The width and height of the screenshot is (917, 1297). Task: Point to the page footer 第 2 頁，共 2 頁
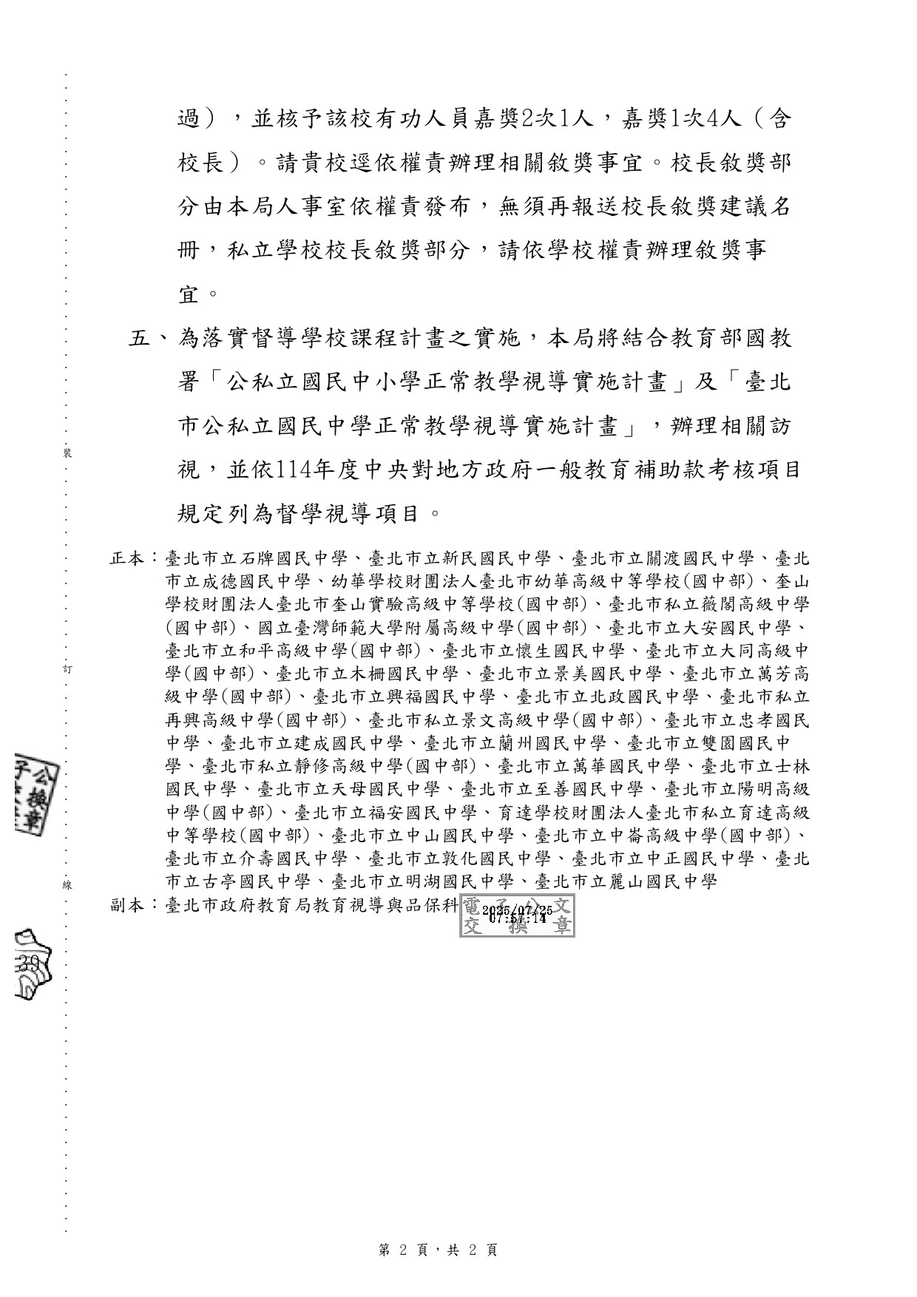437,1249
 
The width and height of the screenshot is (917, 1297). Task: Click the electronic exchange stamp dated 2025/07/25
517,915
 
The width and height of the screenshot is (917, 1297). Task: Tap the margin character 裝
67,453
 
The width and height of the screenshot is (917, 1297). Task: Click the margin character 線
67,884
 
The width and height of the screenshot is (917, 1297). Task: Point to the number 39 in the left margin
30,963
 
